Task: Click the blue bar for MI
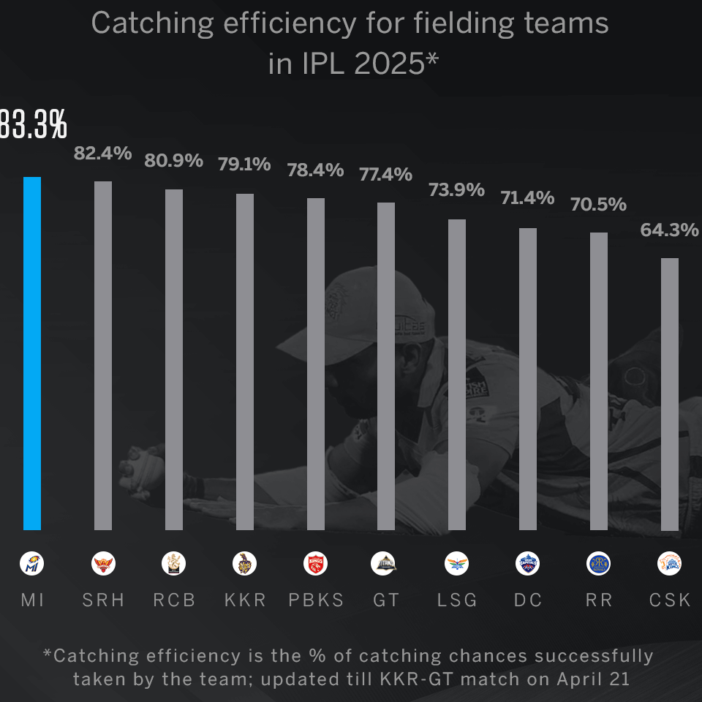[x=32, y=353]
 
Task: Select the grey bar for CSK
[x=670, y=394]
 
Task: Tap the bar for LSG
[x=457, y=374]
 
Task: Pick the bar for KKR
[x=245, y=362]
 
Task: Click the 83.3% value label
[x=32, y=126]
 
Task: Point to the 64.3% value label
[x=669, y=230]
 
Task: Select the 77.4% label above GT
[x=385, y=175]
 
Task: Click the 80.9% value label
[x=173, y=161]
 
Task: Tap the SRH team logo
[x=103, y=564]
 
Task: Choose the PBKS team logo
[x=315, y=564]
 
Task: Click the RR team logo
[x=599, y=564]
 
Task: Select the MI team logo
[x=32, y=564]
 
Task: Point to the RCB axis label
[x=174, y=600]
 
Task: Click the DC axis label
[x=528, y=600]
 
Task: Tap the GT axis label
[x=386, y=600]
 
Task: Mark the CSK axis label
[x=670, y=600]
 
